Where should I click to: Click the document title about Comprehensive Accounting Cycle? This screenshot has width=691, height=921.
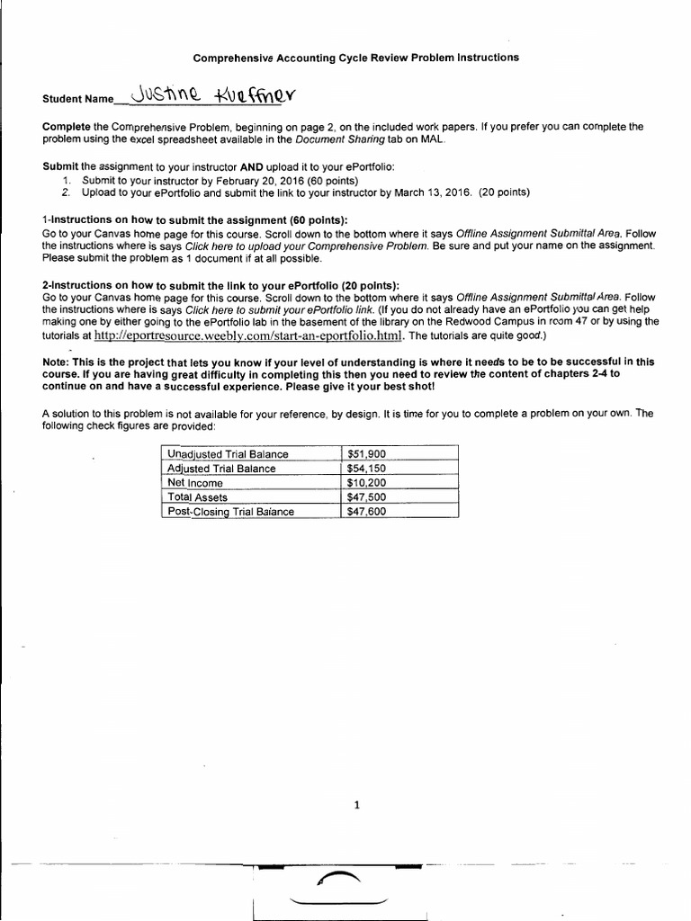[356, 58]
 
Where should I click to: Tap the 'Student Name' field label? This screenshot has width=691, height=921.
[78, 99]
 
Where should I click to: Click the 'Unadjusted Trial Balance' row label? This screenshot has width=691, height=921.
[228, 454]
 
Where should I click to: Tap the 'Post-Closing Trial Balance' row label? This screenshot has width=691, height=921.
[230, 512]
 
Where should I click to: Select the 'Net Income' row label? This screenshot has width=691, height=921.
[195, 483]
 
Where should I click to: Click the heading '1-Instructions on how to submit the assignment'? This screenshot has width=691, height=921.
[194, 220]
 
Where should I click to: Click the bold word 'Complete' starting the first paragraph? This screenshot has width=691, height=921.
[67, 128]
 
